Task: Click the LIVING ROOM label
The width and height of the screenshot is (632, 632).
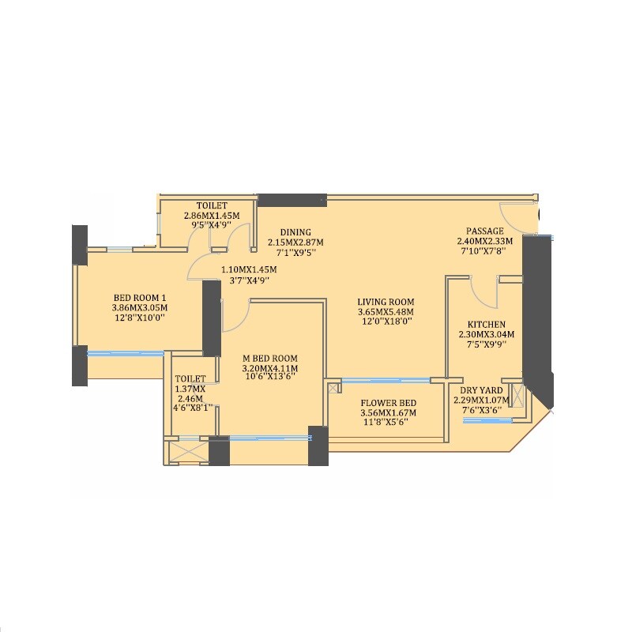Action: [386, 302]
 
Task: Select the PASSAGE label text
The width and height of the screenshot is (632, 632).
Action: [484, 231]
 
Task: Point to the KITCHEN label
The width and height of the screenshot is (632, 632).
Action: [486, 325]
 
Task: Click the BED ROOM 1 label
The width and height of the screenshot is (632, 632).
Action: [141, 298]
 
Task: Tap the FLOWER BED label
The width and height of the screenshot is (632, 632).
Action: [388, 402]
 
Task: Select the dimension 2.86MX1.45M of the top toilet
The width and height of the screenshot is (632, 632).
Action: [212, 215]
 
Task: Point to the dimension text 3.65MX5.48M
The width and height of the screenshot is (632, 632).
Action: [386, 312]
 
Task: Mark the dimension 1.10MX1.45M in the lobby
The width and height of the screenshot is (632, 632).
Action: [249, 269]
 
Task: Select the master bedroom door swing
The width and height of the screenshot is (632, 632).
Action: [235, 316]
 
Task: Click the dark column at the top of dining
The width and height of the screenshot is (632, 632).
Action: [292, 200]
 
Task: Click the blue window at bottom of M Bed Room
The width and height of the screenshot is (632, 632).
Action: [269, 437]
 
